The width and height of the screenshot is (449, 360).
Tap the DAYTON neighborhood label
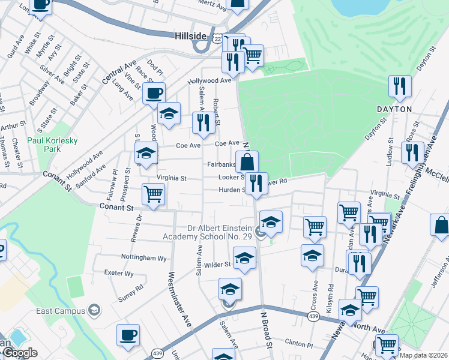[x=394, y=109]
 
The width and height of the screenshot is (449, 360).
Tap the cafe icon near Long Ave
[x=154, y=94]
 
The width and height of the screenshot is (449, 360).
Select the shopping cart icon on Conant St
[x=153, y=195]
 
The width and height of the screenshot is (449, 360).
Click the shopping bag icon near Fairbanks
[x=247, y=161]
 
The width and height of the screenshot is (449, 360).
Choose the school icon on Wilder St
[x=244, y=258]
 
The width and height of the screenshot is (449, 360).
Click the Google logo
[x=19, y=353]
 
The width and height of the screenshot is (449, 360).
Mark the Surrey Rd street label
[x=131, y=287]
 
